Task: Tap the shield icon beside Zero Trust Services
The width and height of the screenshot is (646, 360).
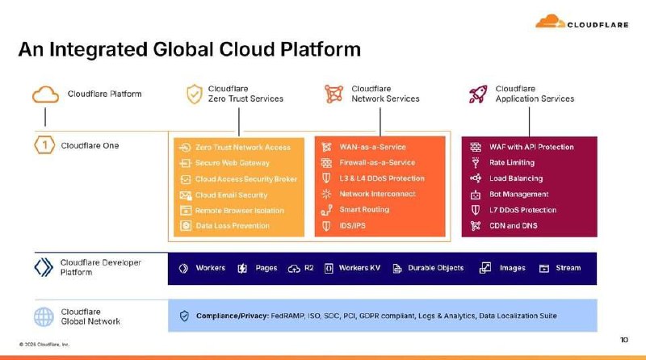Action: tap(194, 94)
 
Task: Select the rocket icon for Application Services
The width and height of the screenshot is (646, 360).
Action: tap(478, 94)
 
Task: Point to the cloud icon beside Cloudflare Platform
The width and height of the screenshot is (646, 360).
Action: tap(46, 94)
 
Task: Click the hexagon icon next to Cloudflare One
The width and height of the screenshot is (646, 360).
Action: tap(45, 146)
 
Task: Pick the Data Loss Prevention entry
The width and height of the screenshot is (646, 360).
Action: tap(233, 226)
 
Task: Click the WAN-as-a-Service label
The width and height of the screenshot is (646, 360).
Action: tap(372, 147)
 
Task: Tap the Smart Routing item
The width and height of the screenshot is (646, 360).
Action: tap(364, 210)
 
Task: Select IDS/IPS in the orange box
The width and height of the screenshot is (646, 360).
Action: tap(352, 226)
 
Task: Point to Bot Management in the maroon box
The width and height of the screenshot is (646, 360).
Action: tap(518, 195)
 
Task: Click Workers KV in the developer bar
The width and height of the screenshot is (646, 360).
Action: tap(359, 268)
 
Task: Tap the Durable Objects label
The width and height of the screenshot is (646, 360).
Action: tap(435, 268)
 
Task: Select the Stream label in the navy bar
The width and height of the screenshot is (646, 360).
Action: tap(568, 268)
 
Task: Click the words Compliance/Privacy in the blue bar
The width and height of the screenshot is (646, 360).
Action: tap(229, 316)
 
